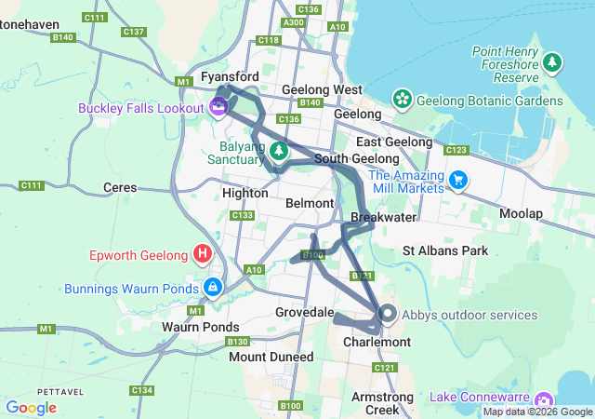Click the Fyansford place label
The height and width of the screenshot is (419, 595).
tap(230, 75)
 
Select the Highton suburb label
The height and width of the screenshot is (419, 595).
tap(245, 193)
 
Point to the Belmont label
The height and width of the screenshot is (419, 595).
tap(310, 203)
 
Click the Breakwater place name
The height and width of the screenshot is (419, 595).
tap(383, 217)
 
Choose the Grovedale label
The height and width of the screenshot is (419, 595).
tap(303, 312)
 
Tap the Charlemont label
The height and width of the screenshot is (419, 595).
tap(377, 343)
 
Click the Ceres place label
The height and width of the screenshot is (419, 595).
tap(121, 187)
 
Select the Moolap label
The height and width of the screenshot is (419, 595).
tap(521, 213)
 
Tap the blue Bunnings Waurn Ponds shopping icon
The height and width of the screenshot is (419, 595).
tap(213, 286)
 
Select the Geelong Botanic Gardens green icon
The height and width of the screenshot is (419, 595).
tap(402, 99)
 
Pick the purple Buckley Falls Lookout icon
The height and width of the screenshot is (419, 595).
tap(218, 107)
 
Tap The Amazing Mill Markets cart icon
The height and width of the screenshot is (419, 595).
tap(457, 179)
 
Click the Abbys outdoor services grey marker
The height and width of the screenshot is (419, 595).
tap(388, 315)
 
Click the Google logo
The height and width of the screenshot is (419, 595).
tap(31, 408)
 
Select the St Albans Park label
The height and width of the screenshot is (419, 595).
tap(444, 250)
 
